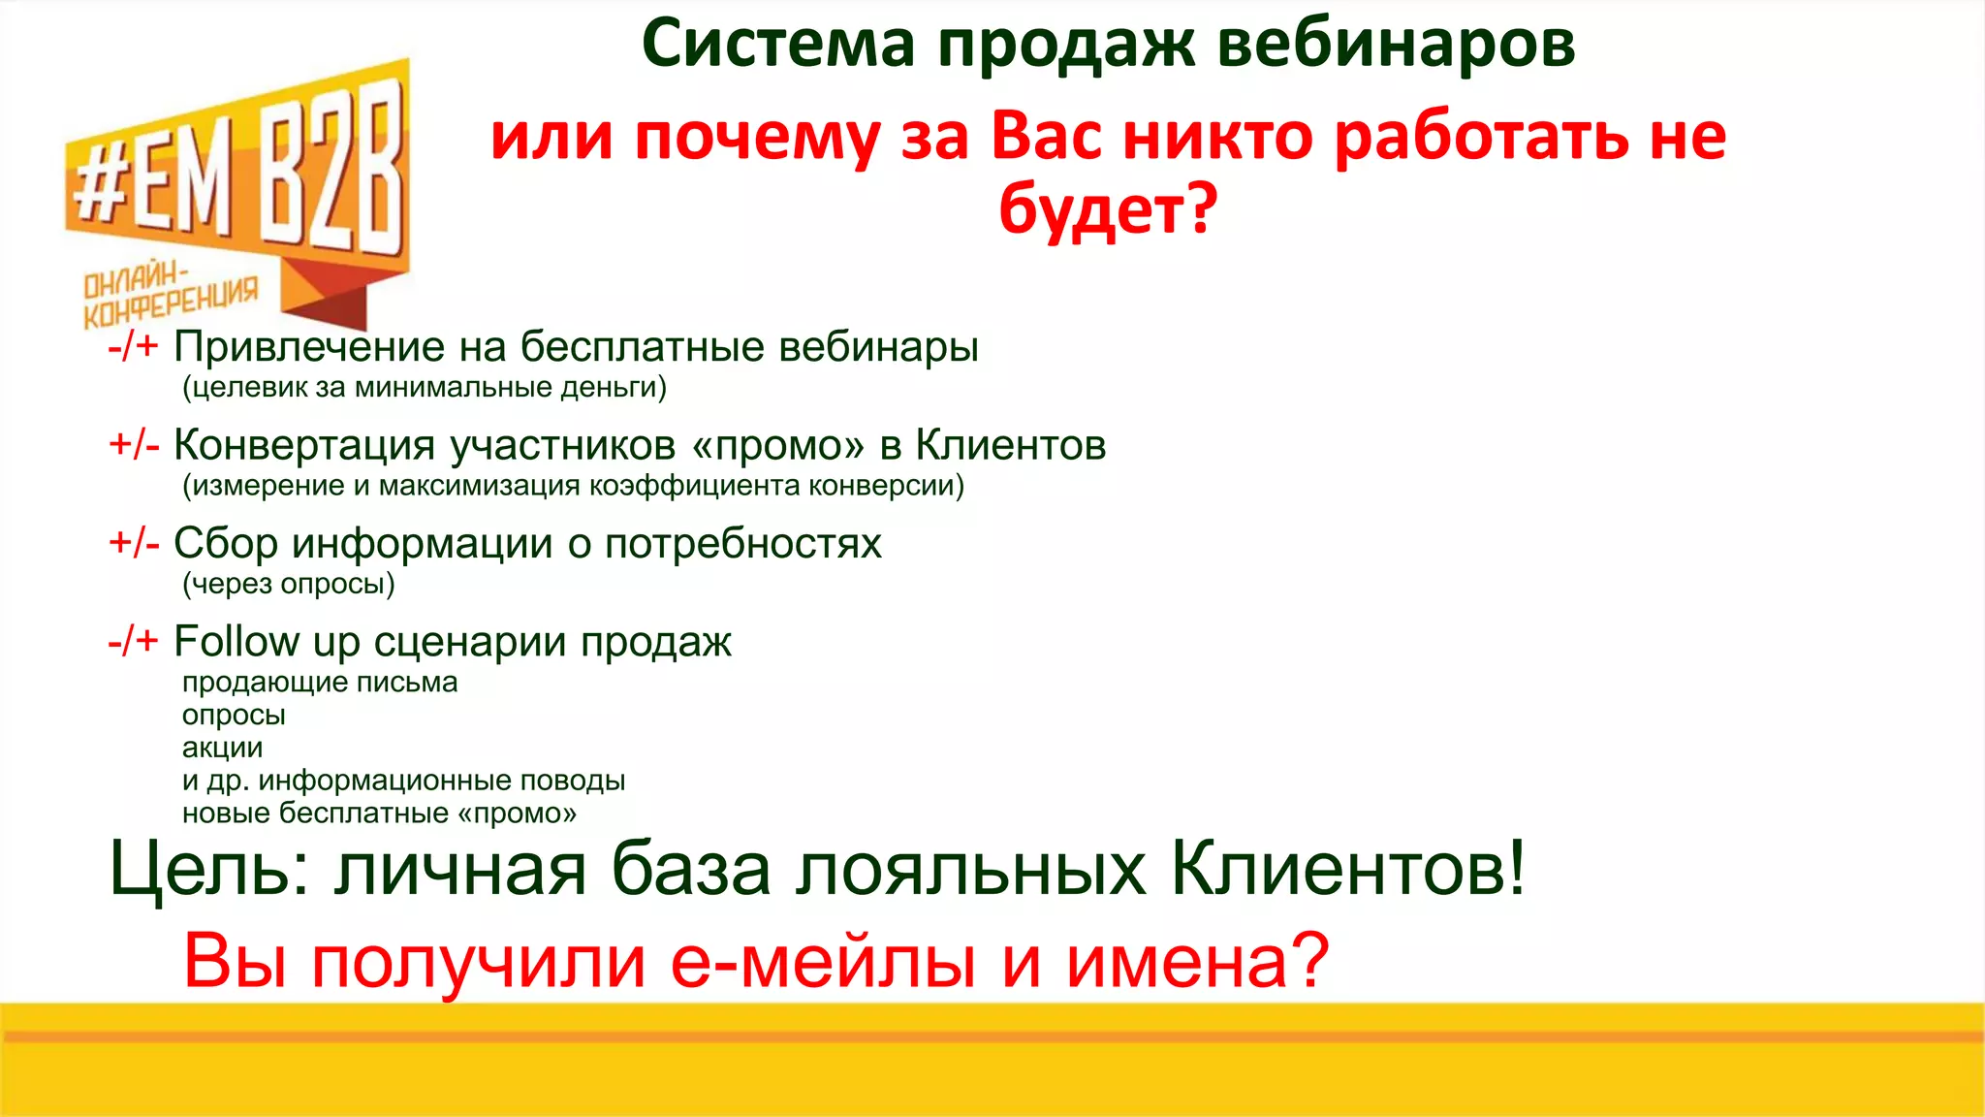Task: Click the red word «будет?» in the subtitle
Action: pos(1107,209)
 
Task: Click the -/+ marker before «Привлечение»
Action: pos(133,346)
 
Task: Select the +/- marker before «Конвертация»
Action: pos(134,444)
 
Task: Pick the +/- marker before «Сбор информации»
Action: pos(134,543)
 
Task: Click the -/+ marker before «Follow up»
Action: pos(133,641)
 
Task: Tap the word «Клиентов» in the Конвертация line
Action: pos(1010,445)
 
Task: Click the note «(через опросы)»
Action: pos(289,584)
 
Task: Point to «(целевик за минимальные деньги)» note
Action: pos(425,388)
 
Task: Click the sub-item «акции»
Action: pos(222,748)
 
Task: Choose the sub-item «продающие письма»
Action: pos(320,683)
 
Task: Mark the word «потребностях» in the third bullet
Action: pos(742,544)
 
